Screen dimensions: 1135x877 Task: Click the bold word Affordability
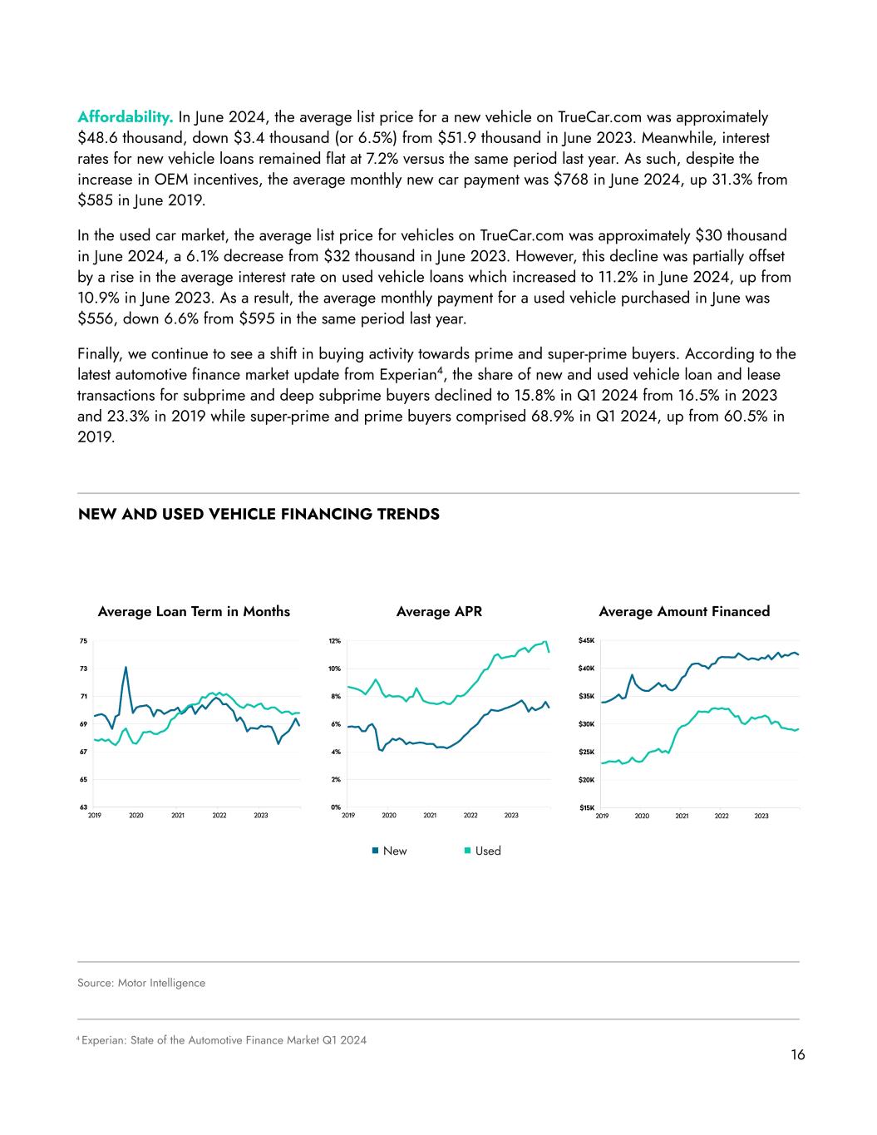[x=126, y=116]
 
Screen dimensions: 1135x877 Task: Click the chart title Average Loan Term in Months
[x=194, y=612]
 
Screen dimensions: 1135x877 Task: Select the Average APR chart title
[x=439, y=612]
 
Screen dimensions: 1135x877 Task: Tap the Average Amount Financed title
[x=684, y=612]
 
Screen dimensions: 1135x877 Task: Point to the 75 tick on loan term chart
[x=83, y=641]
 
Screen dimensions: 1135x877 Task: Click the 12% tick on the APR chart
[x=334, y=641]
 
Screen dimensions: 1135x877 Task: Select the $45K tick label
[x=587, y=641]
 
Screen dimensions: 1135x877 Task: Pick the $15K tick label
[x=587, y=807]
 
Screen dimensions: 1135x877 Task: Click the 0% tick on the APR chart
[x=334, y=807]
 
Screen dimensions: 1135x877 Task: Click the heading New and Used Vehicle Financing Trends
[x=259, y=515]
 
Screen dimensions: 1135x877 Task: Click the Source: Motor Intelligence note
[x=141, y=983]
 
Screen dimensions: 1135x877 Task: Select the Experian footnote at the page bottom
[x=223, y=1040]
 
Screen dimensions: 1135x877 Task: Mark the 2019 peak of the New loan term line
[x=126, y=667]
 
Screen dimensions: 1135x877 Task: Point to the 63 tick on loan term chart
[x=83, y=807]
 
